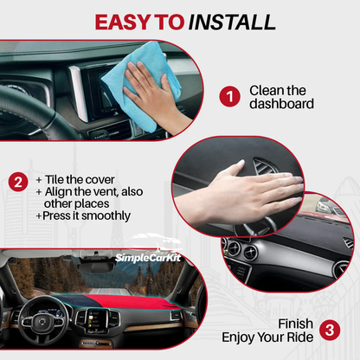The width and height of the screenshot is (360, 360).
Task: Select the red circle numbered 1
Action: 228,96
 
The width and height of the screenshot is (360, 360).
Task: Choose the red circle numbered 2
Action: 16,182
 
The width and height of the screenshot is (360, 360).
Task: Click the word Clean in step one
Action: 266,89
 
